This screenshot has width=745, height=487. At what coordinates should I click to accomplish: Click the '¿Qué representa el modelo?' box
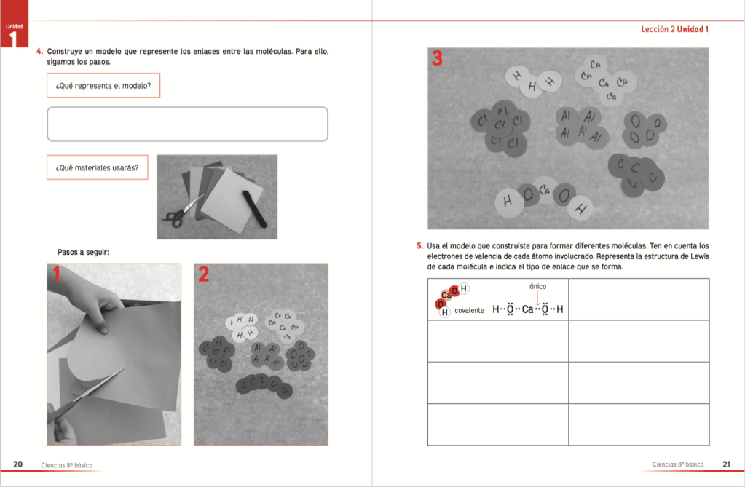tap(103, 85)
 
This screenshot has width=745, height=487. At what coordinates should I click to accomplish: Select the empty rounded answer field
tap(187, 124)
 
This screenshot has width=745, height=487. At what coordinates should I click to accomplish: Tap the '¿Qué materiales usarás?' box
tap(97, 167)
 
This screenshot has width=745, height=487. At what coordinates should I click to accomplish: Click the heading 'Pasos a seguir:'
tap(83, 252)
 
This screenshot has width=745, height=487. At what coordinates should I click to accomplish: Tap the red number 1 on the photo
tap(56, 274)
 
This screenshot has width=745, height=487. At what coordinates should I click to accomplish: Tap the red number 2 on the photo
tap(204, 274)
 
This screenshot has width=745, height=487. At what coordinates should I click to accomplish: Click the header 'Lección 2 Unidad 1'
tap(674, 29)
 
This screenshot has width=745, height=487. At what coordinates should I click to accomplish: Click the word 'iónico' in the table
tap(537, 287)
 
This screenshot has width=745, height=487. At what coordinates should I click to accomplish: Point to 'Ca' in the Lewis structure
tap(528, 310)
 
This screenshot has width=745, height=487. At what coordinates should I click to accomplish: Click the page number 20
tap(18, 464)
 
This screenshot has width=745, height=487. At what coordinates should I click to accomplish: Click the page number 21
tap(726, 464)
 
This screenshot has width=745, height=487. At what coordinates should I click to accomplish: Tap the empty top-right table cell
tap(638, 299)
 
